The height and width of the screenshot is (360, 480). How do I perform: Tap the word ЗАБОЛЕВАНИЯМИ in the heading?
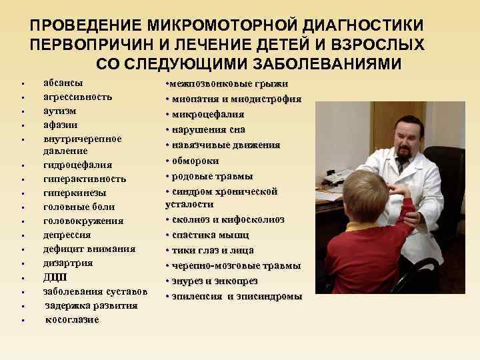(x=317, y=64)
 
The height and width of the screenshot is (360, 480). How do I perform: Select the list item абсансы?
(x=63, y=83)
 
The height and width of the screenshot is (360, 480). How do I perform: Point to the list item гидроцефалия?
(x=77, y=165)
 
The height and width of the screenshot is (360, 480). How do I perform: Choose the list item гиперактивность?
(x=83, y=179)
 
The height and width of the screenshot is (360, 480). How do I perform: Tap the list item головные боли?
(x=79, y=207)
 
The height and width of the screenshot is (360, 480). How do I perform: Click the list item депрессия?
(x=67, y=235)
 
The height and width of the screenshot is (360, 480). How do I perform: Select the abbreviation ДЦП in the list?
(x=55, y=277)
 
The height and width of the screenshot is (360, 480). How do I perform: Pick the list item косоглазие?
(x=72, y=319)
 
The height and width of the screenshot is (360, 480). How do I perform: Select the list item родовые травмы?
(x=212, y=176)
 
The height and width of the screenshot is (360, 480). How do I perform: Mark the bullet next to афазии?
(x=23, y=125)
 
